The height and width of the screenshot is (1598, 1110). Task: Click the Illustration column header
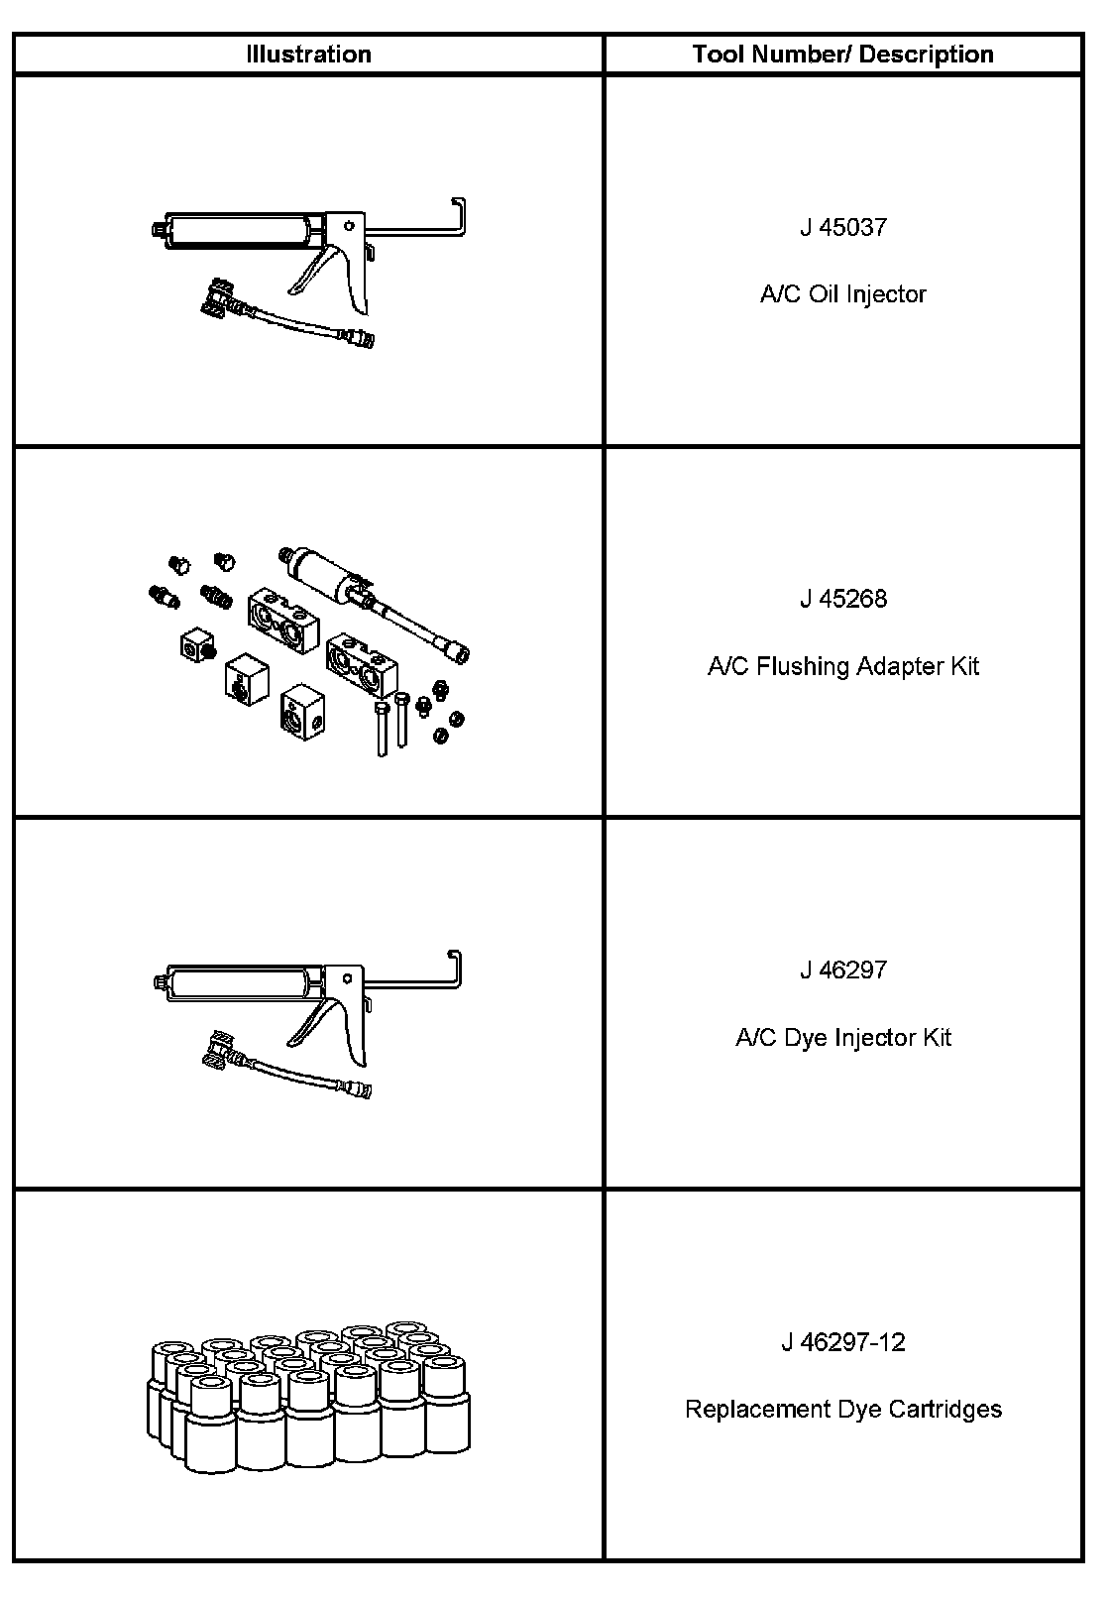tap(308, 55)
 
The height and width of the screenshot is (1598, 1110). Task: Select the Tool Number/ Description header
tap(842, 55)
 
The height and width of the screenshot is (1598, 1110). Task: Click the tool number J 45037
tap(842, 227)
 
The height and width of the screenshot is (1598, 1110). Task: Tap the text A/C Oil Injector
tap(842, 294)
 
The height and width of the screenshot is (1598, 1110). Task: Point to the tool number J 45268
tap(842, 599)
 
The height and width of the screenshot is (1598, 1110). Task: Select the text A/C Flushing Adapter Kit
tap(842, 666)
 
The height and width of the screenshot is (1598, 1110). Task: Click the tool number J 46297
tap(842, 970)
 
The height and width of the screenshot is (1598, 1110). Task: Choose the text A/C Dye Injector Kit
tap(842, 1038)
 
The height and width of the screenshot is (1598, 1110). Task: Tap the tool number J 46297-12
tap(842, 1342)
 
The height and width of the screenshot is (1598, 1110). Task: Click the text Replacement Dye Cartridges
tap(842, 1409)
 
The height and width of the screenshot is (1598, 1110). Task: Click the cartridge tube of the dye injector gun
tap(238, 985)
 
